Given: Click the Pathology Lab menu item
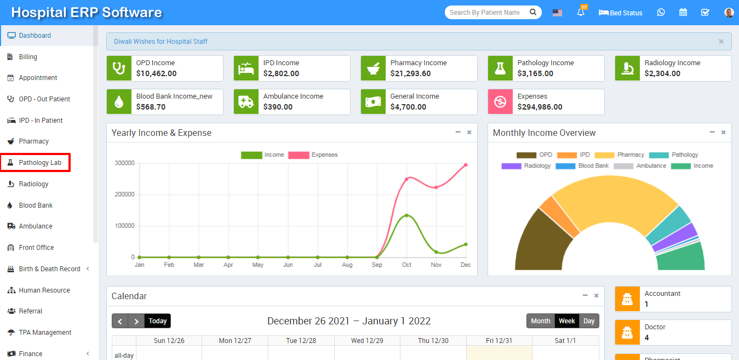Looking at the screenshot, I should point(39,163).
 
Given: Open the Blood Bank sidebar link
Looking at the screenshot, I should point(36,205).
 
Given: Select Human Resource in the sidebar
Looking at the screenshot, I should point(44,290).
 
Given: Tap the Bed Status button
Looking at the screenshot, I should point(621,13).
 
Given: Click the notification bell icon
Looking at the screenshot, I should point(581,13).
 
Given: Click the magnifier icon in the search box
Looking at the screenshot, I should point(532,12).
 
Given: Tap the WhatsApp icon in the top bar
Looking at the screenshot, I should point(661,13).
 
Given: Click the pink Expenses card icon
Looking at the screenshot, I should point(500,102).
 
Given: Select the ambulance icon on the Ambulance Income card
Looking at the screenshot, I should point(246,102).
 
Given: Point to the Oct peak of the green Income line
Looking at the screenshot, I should point(406,215).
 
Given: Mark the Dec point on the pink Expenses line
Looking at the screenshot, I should point(466,165).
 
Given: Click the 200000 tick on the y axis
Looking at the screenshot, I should point(124,195).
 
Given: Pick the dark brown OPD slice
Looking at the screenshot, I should point(540,241).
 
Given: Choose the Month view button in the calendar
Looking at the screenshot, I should point(540,321).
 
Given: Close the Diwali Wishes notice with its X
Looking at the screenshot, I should point(721,42).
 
